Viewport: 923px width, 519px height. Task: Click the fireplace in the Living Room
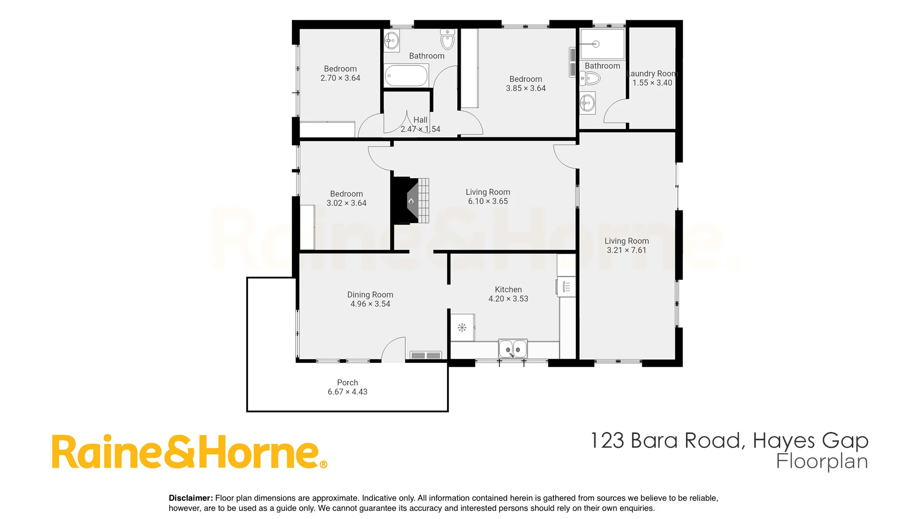(x=410, y=200)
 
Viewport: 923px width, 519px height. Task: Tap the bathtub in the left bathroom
(x=407, y=76)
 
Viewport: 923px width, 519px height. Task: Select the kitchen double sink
(x=513, y=349)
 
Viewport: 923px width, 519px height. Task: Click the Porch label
(x=348, y=383)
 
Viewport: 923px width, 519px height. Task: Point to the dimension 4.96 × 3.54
(x=370, y=304)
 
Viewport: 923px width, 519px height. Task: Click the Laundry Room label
(x=652, y=74)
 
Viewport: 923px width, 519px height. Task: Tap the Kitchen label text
(x=508, y=289)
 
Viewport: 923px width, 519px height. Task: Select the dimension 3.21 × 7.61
(x=626, y=250)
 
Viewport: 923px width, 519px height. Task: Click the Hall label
(x=420, y=120)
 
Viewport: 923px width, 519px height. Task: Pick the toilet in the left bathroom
(x=448, y=40)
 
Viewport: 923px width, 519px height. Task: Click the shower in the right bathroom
(x=602, y=44)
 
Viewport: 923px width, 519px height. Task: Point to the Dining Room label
(x=370, y=295)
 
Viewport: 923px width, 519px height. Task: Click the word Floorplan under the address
(x=822, y=462)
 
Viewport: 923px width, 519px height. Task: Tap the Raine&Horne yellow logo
(x=190, y=451)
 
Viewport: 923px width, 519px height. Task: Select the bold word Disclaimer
(x=191, y=498)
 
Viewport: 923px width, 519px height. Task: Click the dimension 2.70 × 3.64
(x=340, y=78)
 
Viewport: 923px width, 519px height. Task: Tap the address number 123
(x=607, y=441)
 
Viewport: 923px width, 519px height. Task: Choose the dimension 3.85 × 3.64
(x=525, y=88)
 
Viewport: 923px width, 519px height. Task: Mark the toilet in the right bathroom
(x=590, y=78)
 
